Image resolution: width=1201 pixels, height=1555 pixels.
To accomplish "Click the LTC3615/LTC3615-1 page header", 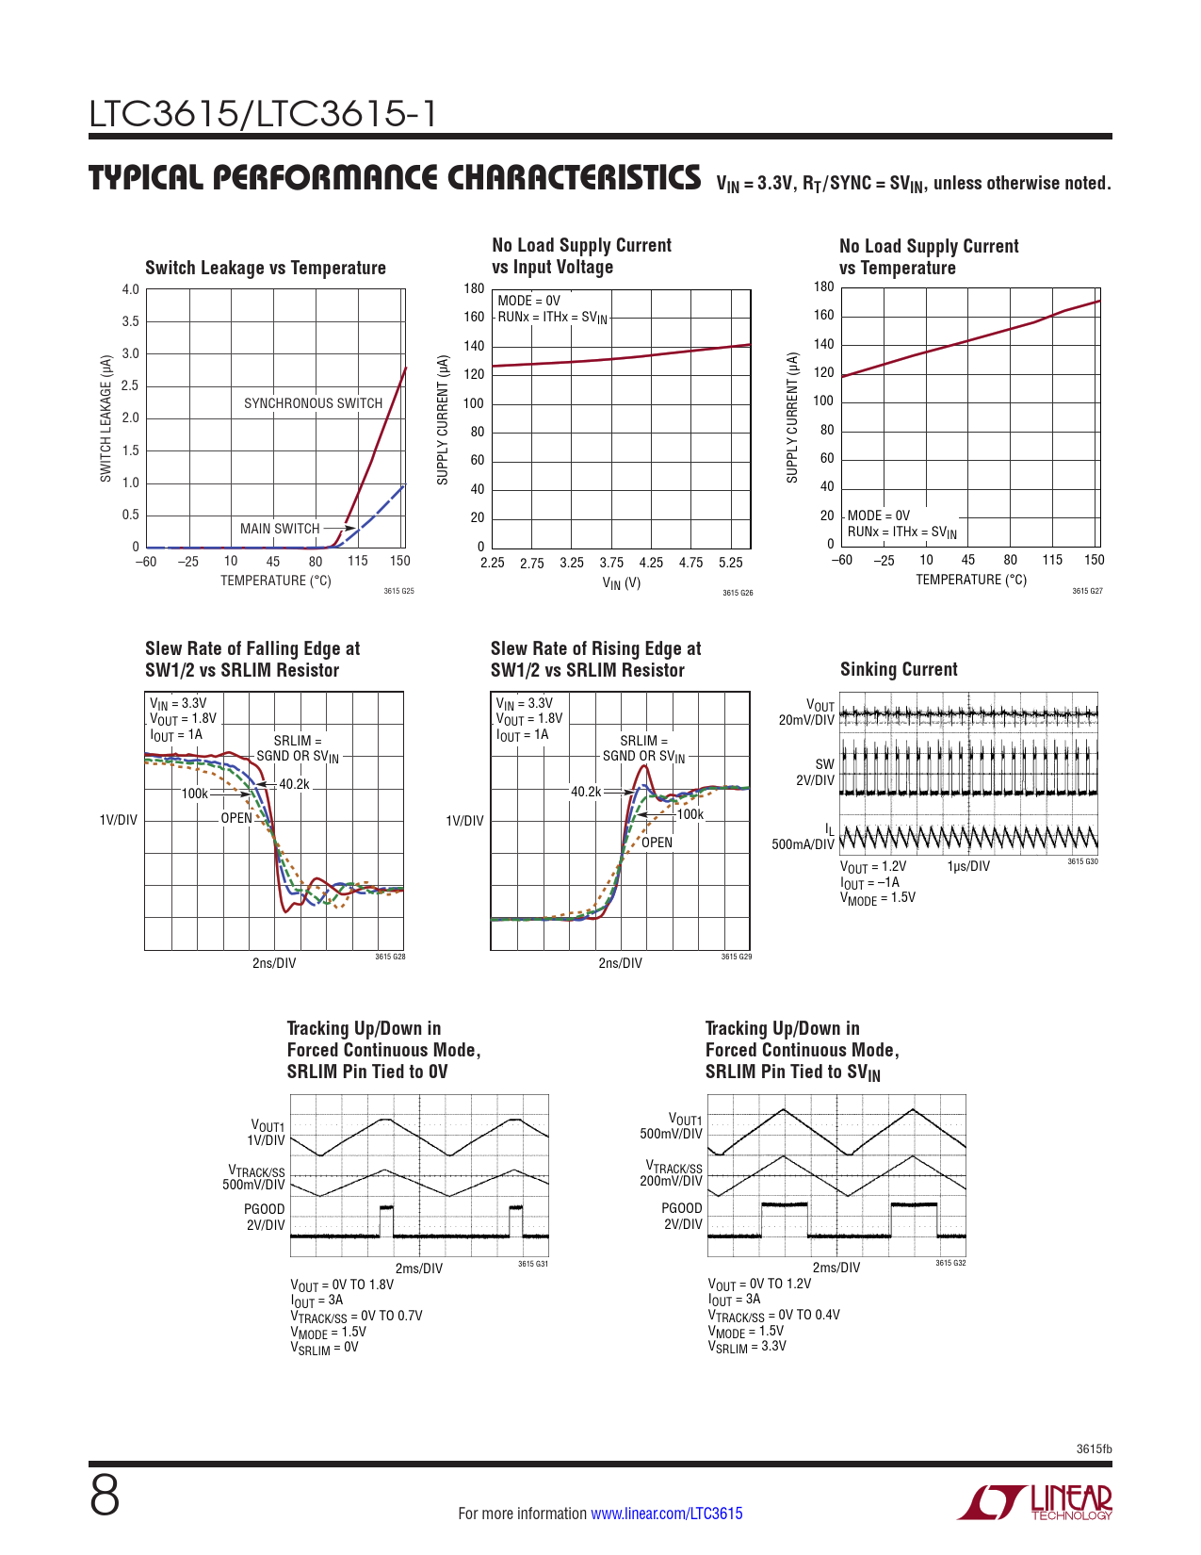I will (x=263, y=115).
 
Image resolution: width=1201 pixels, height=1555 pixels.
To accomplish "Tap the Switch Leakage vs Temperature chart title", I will (x=266, y=268).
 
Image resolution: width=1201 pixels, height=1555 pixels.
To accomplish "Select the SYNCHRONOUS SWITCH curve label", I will (x=313, y=403).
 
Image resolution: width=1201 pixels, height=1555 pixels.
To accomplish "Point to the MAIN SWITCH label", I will (x=280, y=529).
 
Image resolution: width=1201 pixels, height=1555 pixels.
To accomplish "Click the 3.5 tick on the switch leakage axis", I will (x=130, y=321).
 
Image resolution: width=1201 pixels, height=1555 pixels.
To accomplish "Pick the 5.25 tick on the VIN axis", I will (x=731, y=563).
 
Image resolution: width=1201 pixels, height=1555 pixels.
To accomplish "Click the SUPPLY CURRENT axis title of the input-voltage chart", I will (x=443, y=420).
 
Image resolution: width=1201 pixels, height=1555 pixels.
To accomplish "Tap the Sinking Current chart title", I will (x=899, y=669).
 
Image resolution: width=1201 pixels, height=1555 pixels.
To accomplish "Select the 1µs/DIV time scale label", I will (x=968, y=866).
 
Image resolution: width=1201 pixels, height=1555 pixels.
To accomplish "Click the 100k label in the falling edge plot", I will (x=194, y=794).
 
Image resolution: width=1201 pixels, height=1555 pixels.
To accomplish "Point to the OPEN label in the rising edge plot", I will (x=657, y=843).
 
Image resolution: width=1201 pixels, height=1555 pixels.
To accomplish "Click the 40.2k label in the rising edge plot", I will (x=586, y=792).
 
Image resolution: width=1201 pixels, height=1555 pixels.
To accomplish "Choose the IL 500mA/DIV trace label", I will (x=803, y=837).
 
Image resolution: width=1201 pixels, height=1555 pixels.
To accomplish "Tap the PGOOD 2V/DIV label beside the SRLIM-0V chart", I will (x=265, y=1217).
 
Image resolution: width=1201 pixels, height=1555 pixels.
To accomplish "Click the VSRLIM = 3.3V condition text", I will (x=747, y=1347).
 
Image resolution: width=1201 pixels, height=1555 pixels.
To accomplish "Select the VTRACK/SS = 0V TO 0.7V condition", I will (x=356, y=1316).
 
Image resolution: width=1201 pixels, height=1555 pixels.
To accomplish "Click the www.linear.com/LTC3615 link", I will (x=666, y=1514).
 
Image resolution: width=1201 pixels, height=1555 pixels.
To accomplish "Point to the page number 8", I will (x=105, y=1497).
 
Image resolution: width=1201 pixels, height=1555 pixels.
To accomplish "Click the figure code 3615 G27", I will (x=1087, y=591).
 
